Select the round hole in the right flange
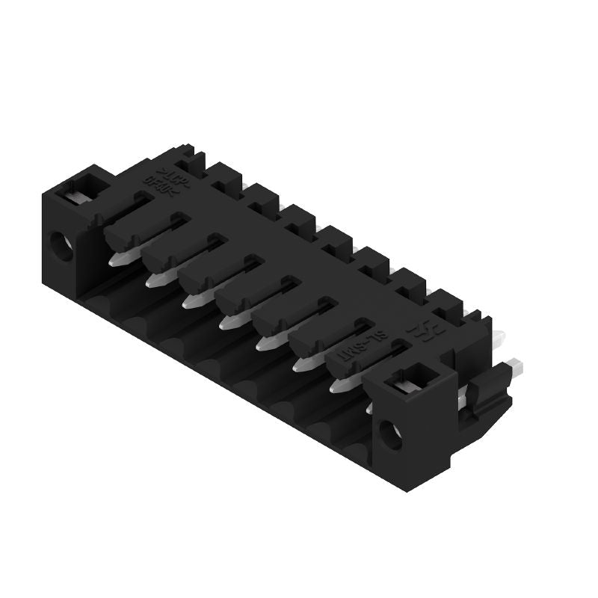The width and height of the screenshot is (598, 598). (x=389, y=434)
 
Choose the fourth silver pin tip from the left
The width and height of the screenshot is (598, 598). (x=229, y=321)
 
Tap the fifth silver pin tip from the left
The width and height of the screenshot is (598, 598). (x=267, y=343)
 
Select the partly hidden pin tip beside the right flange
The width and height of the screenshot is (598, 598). (x=369, y=408)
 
